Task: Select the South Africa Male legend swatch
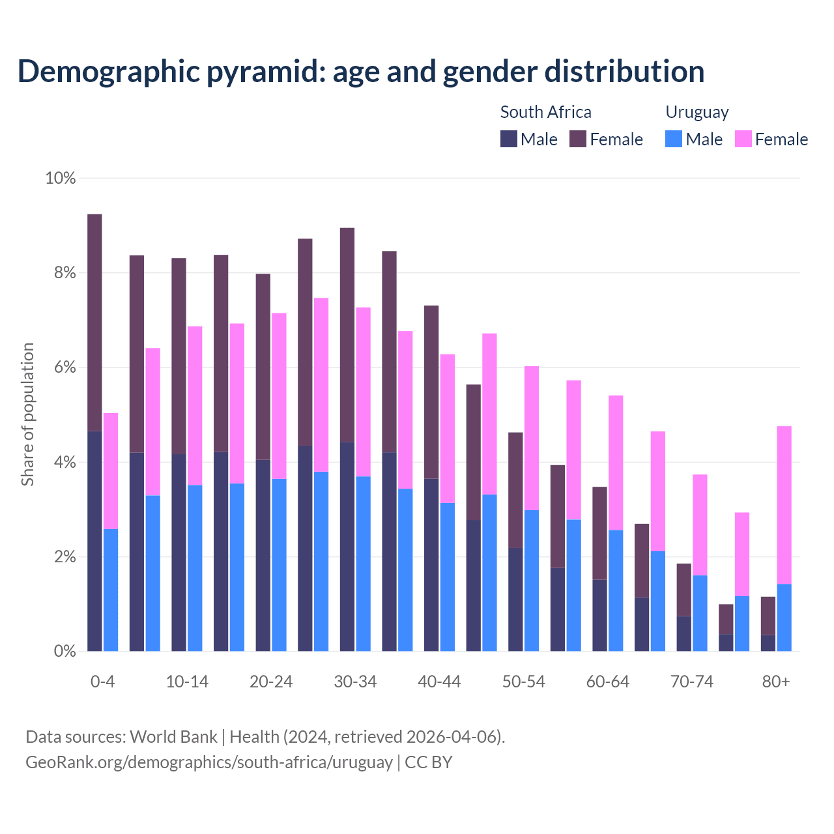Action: point(508,139)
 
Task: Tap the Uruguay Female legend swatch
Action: point(743,139)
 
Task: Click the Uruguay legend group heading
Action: point(697,112)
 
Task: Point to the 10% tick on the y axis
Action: point(60,178)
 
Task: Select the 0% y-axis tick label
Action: point(65,651)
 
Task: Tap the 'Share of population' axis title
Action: point(27,414)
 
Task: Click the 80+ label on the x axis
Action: point(775,682)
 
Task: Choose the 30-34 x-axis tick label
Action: point(355,682)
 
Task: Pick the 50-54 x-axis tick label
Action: point(523,682)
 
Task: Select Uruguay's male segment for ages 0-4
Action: point(111,590)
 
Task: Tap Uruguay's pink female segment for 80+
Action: point(784,505)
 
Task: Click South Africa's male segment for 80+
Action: point(768,643)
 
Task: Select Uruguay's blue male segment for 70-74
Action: point(700,613)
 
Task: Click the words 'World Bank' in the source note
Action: point(173,737)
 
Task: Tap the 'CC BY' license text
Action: point(429,762)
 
